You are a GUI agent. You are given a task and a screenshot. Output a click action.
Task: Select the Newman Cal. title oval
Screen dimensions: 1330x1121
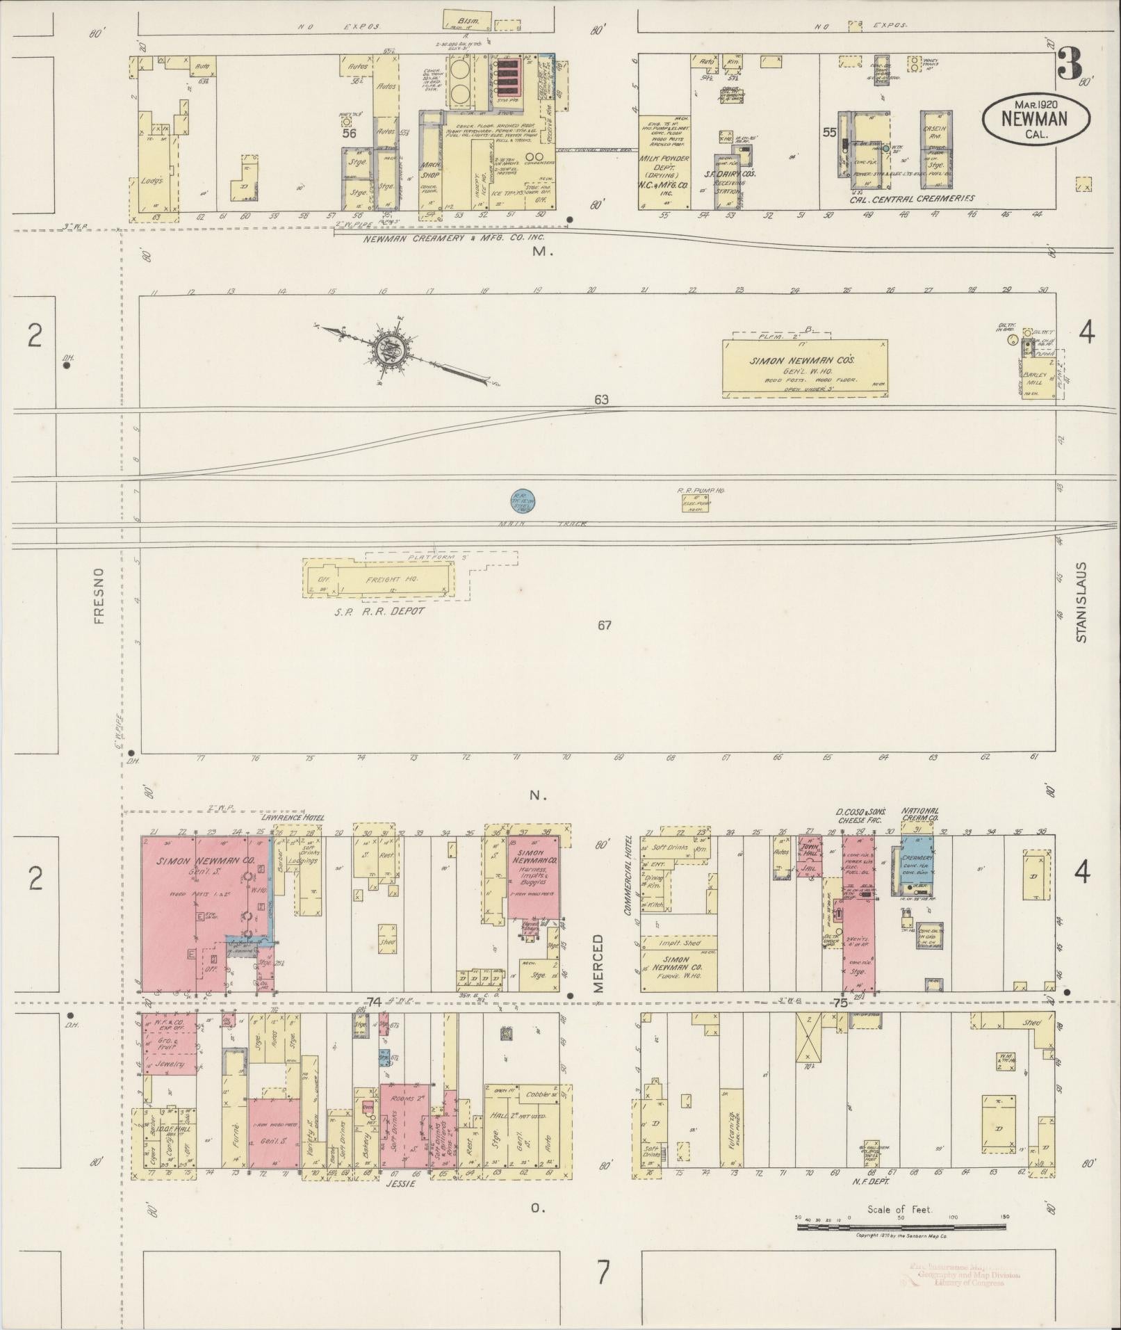click(1035, 119)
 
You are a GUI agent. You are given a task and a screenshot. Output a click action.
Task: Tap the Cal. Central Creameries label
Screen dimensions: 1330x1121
click(911, 199)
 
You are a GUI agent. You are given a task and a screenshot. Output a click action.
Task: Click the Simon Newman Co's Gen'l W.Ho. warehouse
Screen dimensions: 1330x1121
click(805, 368)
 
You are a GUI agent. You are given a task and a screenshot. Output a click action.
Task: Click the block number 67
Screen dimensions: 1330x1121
click(604, 625)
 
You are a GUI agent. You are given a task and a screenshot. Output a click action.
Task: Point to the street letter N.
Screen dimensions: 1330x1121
click(538, 795)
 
